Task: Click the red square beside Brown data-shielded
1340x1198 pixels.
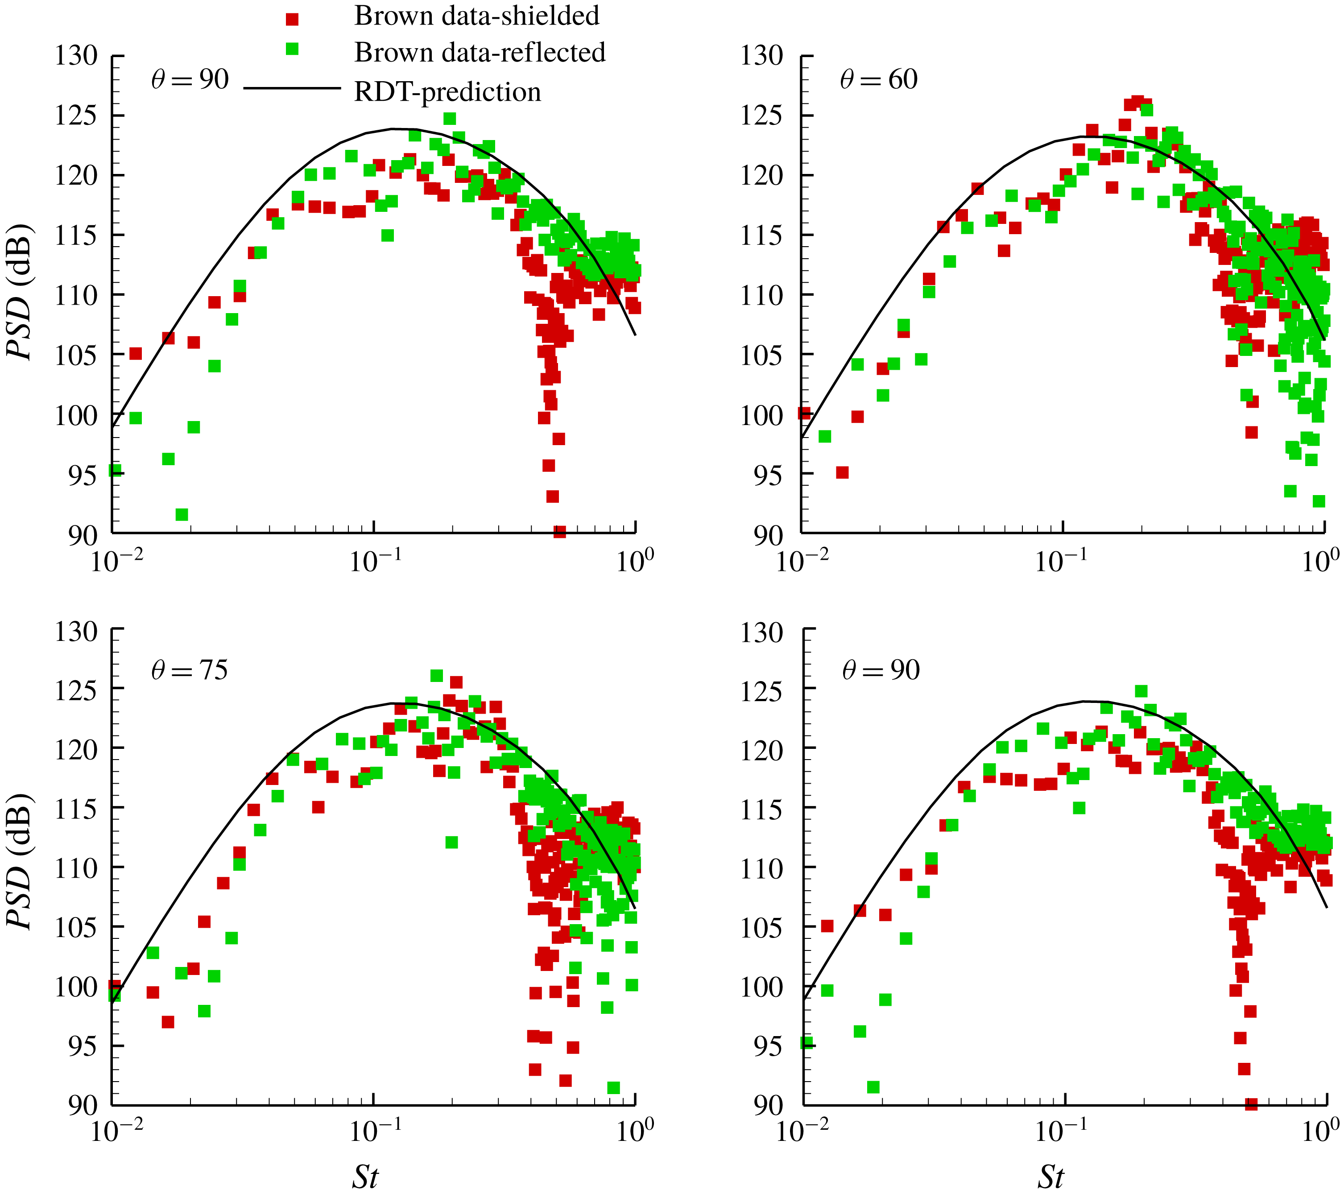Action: click(292, 19)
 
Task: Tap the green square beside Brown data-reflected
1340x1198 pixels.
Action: click(292, 49)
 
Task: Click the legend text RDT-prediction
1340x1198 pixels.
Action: click(447, 91)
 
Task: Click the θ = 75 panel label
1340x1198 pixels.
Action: click(190, 670)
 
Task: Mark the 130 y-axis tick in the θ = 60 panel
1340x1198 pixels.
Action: click(762, 56)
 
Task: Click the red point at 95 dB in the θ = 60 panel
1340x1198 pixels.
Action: click(842, 473)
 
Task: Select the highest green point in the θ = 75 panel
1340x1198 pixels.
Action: click(436, 676)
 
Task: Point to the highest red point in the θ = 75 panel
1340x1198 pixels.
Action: click(456, 682)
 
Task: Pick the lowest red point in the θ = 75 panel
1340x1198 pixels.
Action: click(565, 1080)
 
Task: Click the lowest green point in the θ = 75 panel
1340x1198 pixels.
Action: click(613, 1087)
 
